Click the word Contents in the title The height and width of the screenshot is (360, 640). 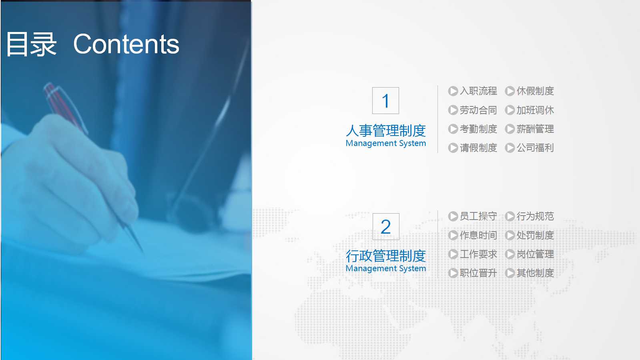pyautogui.click(x=126, y=44)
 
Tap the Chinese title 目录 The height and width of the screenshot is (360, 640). pyautogui.click(x=31, y=44)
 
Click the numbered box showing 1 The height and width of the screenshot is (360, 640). pyautogui.click(x=385, y=101)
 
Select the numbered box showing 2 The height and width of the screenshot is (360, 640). pyautogui.click(x=386, y=227)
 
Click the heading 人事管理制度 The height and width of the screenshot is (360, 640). pyautogui.click(x=386, y=130)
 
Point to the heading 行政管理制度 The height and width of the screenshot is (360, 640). pyautogui.click(x=386, y=256)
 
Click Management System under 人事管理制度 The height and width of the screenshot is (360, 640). pyautogui.click(x=386, y=143)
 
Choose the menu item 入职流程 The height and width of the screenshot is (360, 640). pyautogui.click(x=478, y=91)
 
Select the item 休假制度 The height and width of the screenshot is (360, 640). pyautogui.click(x=535, y=91)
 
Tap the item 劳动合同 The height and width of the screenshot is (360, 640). pyautogui.click(x=478, y=110)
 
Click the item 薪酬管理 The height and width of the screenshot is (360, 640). pyautogui.click(x=535, y=129)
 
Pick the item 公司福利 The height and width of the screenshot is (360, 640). pyautogui.click(x=535, y=148)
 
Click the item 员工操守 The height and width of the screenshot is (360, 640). pyautogui.click(x=478, y=216)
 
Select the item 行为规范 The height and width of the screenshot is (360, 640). pyautogui.click(x=535, y=216)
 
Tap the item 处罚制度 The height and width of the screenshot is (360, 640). pyautogui.click(x=535, y=235)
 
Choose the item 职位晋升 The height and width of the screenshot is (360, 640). pyautogui.click(x=478, y=273)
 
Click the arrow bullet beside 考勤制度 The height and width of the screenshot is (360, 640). pyautogui.click(x=453, y=129)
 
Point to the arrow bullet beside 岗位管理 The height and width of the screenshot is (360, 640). pyautogui.click(x=510, y=254)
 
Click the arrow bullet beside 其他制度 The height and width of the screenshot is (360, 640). pyautogui.click(x=510, y=273)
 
